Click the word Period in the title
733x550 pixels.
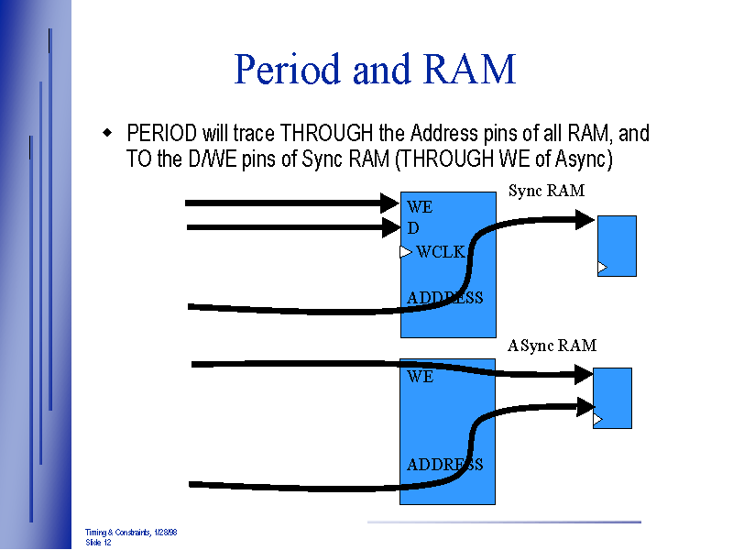tap(288, 70)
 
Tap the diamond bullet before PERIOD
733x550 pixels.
tap(107, 134)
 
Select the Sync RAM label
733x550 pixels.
tap(546, 191)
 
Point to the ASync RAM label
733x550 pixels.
tap(552, 346)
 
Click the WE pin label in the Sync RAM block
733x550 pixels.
tap(420, 207)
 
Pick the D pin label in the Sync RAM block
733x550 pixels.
tap(413, 227)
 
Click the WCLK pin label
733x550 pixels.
tap(442, 252)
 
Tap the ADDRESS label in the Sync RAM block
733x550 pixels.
tap(444, 298)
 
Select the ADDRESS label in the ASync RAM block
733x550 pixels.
tap(444, 465)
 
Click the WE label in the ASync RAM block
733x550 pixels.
tap(420, 377)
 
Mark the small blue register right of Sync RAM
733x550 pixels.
tap(617, 246)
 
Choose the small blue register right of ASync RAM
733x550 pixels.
tap(612, 397)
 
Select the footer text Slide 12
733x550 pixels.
tap(98, 543)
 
